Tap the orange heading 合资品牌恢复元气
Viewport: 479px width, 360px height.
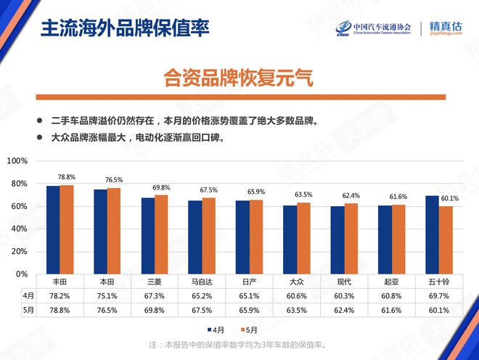coord(239,78)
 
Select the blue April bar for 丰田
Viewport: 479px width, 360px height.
coord(53,230)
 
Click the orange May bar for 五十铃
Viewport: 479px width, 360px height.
coord(446,240)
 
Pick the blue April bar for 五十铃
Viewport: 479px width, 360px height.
coord(432,235)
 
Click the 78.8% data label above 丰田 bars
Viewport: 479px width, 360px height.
coord(67,177)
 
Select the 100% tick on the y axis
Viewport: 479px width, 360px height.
coord(17,161)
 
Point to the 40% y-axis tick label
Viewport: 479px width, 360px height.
coord(19,229)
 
